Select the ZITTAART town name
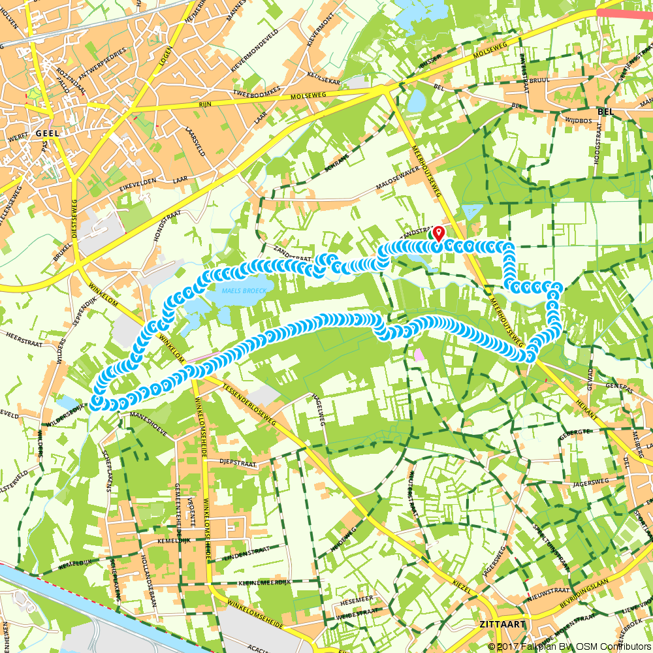coord(502,624)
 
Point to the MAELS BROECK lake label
coord(238,291)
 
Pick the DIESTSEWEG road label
coord(75,222)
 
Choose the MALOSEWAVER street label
coord(401,182)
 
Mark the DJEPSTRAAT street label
coord(238,461)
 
